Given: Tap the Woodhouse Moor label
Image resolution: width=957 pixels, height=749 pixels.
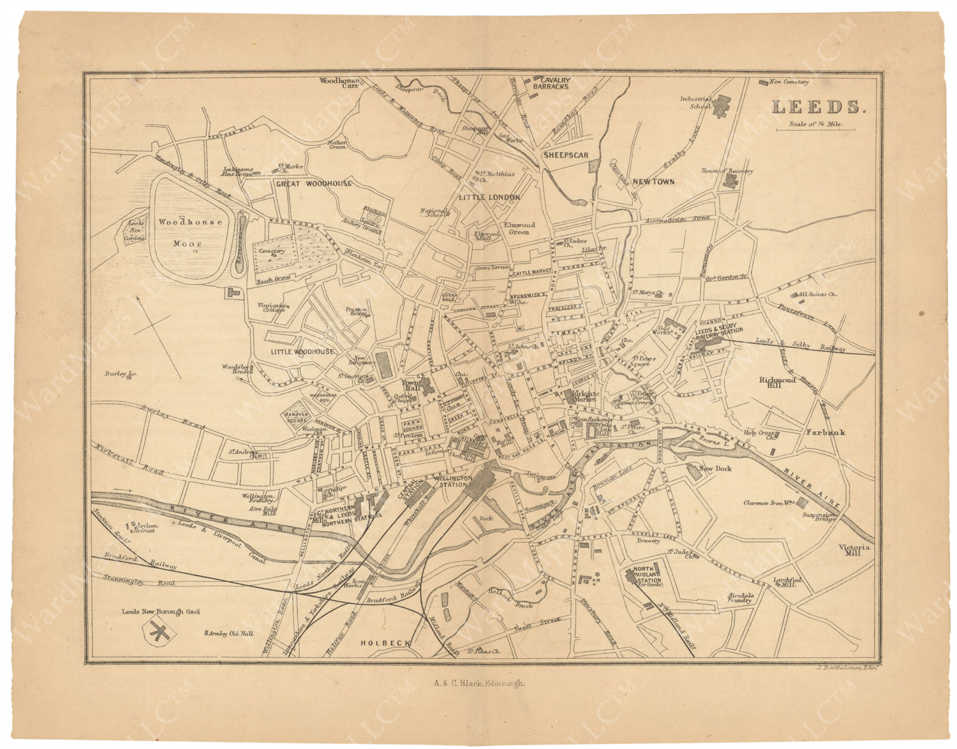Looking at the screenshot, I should (x=190, y=232).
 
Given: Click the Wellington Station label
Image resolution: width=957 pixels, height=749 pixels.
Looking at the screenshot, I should (x=452, y=481).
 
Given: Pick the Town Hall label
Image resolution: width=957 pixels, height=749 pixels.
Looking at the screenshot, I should (x=408, y=387).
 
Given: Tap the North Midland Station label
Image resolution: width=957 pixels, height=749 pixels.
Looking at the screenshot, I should (x=647, y=576).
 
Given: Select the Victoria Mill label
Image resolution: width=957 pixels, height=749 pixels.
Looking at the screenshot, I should (x=854, y=550).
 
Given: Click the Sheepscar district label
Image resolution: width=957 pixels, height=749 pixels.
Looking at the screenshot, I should (x=565, y=155).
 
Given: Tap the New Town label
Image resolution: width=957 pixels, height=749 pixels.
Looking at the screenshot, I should (x=653, y=181).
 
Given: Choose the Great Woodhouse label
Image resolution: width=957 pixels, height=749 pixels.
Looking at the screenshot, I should (x=313, y=184).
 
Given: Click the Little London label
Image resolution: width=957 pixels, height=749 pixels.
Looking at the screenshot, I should (x=489, y=198).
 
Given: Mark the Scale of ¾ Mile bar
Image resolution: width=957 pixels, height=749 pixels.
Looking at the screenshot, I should (x=815, y=130).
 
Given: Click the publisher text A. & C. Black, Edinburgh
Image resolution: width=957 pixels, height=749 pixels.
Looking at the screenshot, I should (x=478, y=683).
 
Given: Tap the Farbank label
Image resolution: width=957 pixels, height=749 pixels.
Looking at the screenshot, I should (x=825, y=433).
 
